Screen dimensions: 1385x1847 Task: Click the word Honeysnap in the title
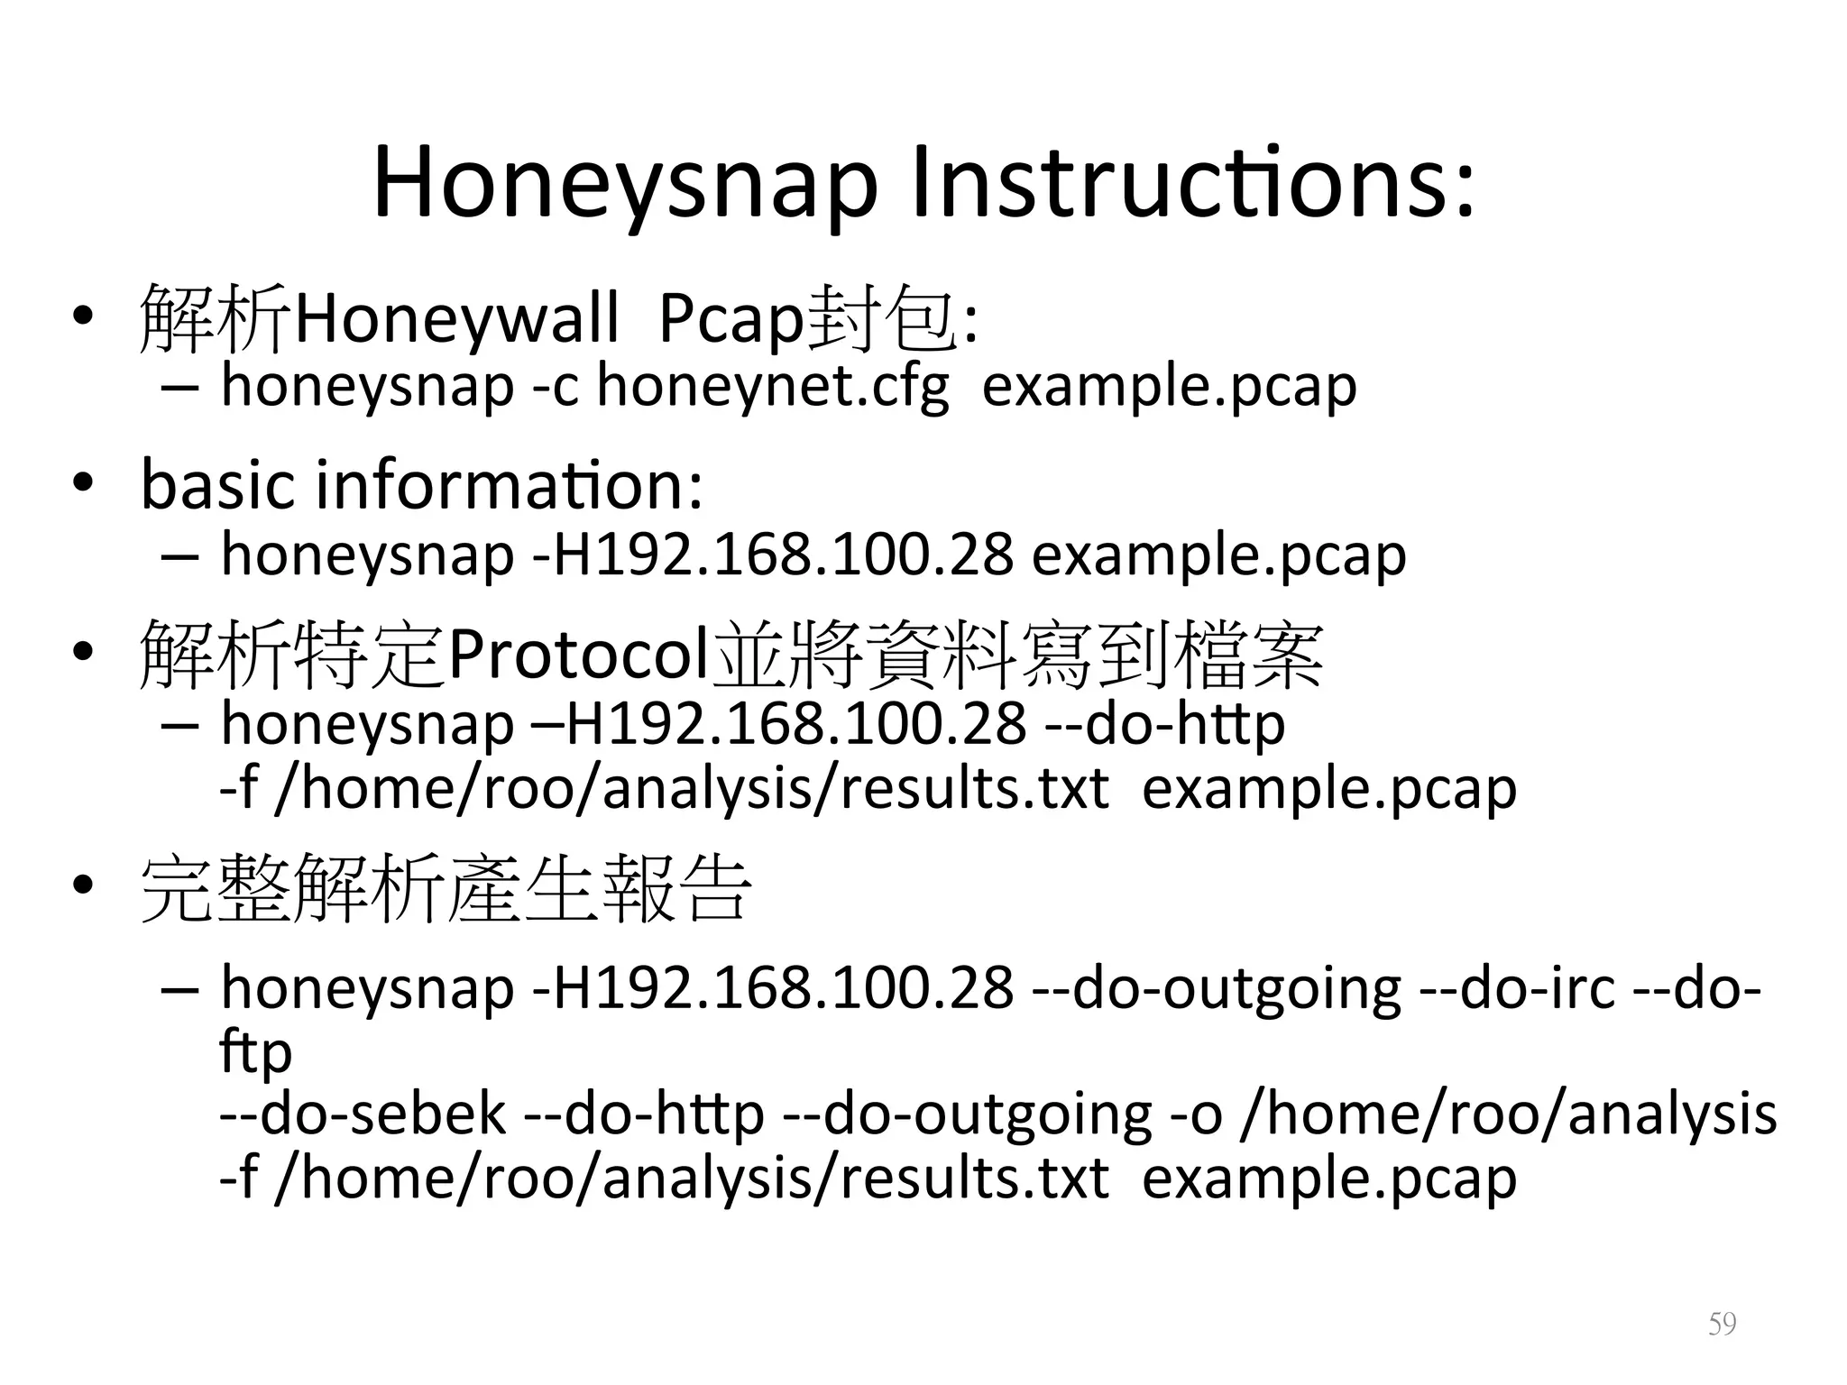(x=625, y=185)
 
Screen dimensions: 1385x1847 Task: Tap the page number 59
(x=1722, y=1324)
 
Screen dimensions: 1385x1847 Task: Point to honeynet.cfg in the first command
(x=773, y=386)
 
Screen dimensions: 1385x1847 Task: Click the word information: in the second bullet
(x=509, y=484)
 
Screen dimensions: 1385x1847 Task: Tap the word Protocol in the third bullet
(x=578, y=655)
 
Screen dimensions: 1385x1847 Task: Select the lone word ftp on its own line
(x=255, y=1051)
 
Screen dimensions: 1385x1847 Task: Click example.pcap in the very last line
(x=1328, y=1178)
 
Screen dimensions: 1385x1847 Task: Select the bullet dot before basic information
(x=83, y=483)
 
